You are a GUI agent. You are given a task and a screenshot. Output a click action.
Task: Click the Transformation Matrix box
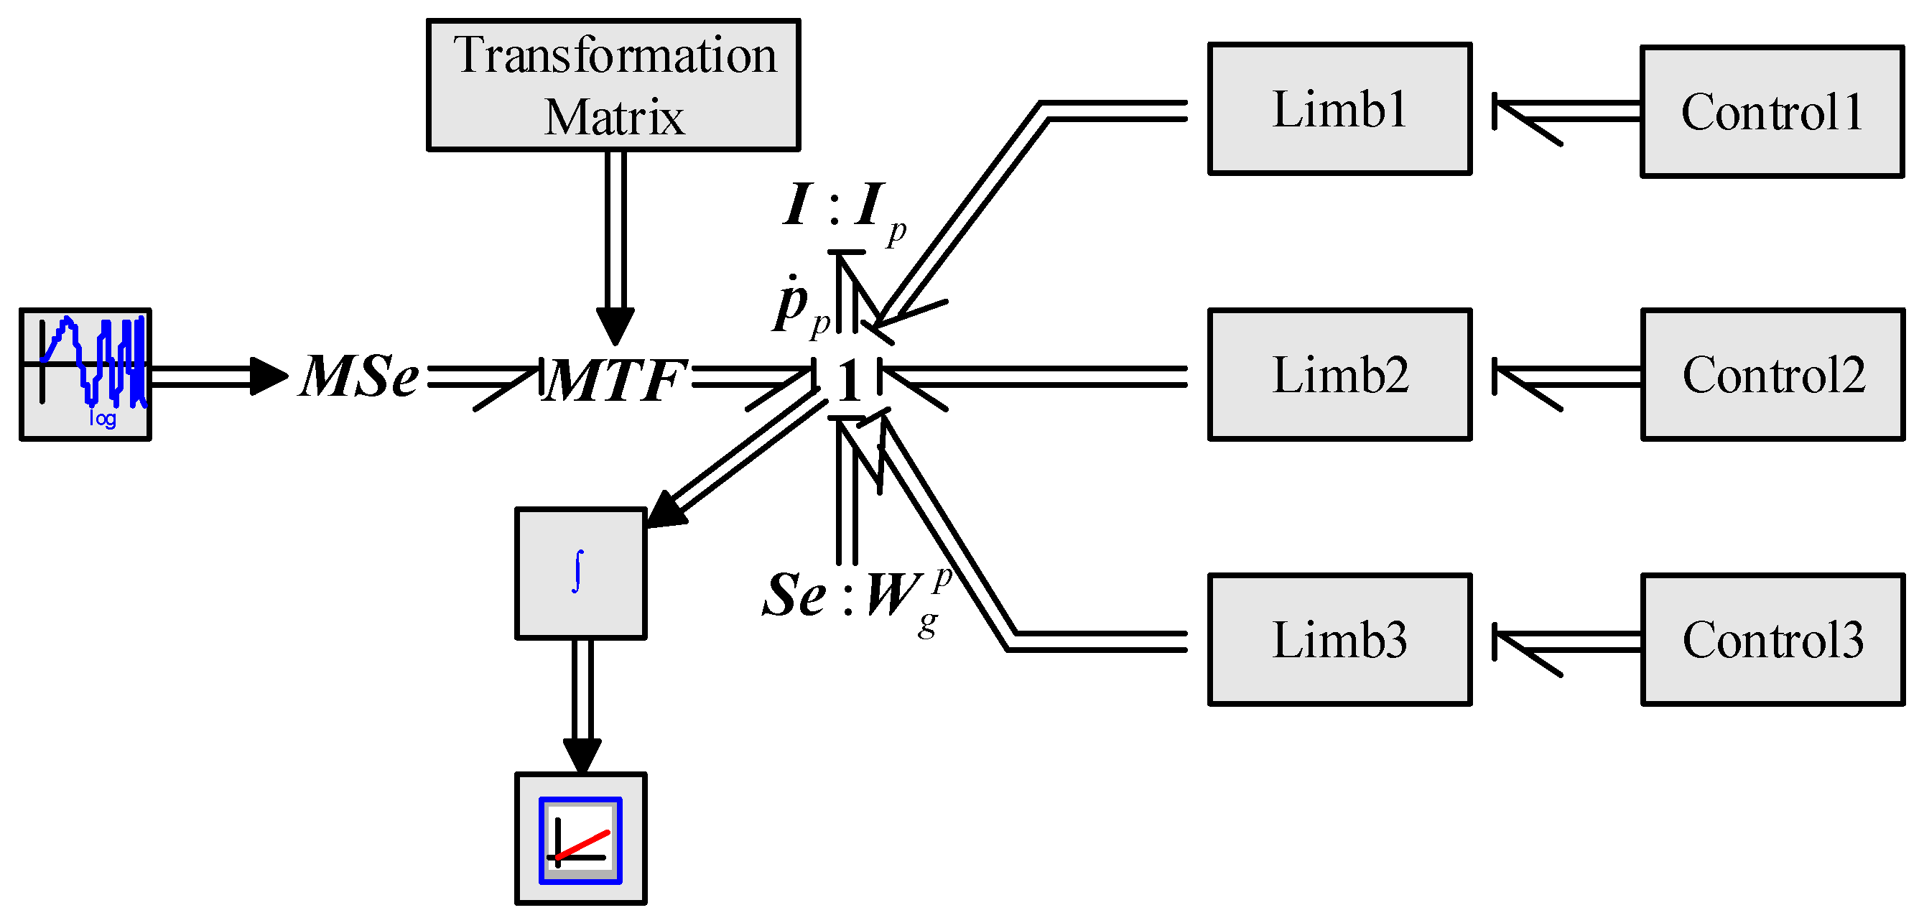click(x=613, y=85)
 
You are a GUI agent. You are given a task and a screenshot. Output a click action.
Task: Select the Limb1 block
click(x=1339, y=108)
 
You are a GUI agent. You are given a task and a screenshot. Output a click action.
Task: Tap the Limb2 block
click(x=1339, y=374)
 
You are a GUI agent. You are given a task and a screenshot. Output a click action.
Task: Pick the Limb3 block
click(x=1339, y=639)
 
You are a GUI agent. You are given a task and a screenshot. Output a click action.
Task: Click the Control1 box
click(x=1772, y=112)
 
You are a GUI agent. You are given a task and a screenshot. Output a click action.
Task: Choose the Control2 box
click(x=1772, y=374)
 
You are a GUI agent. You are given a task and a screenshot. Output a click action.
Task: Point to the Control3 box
click(x=1772, y=639)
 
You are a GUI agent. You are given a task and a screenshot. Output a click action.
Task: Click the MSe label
click(x=359, y=376)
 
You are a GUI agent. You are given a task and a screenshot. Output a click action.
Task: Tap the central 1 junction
click(x=848, y=380)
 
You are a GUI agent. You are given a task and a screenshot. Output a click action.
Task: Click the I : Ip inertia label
click(x=842, y=208)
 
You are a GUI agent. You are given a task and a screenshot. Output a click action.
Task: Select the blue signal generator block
click(x=85, y=374)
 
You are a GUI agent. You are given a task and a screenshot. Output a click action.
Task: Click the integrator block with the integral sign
click(x=580, y=573)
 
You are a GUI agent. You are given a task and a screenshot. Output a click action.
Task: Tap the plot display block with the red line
click(x=580, y=838)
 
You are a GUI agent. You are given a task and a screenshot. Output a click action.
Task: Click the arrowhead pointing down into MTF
click(x=615, y=325)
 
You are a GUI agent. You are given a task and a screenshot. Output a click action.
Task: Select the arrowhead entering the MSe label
click(x=267, y=376)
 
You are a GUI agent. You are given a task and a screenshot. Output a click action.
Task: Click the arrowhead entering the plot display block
click(x=582, y=756)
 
